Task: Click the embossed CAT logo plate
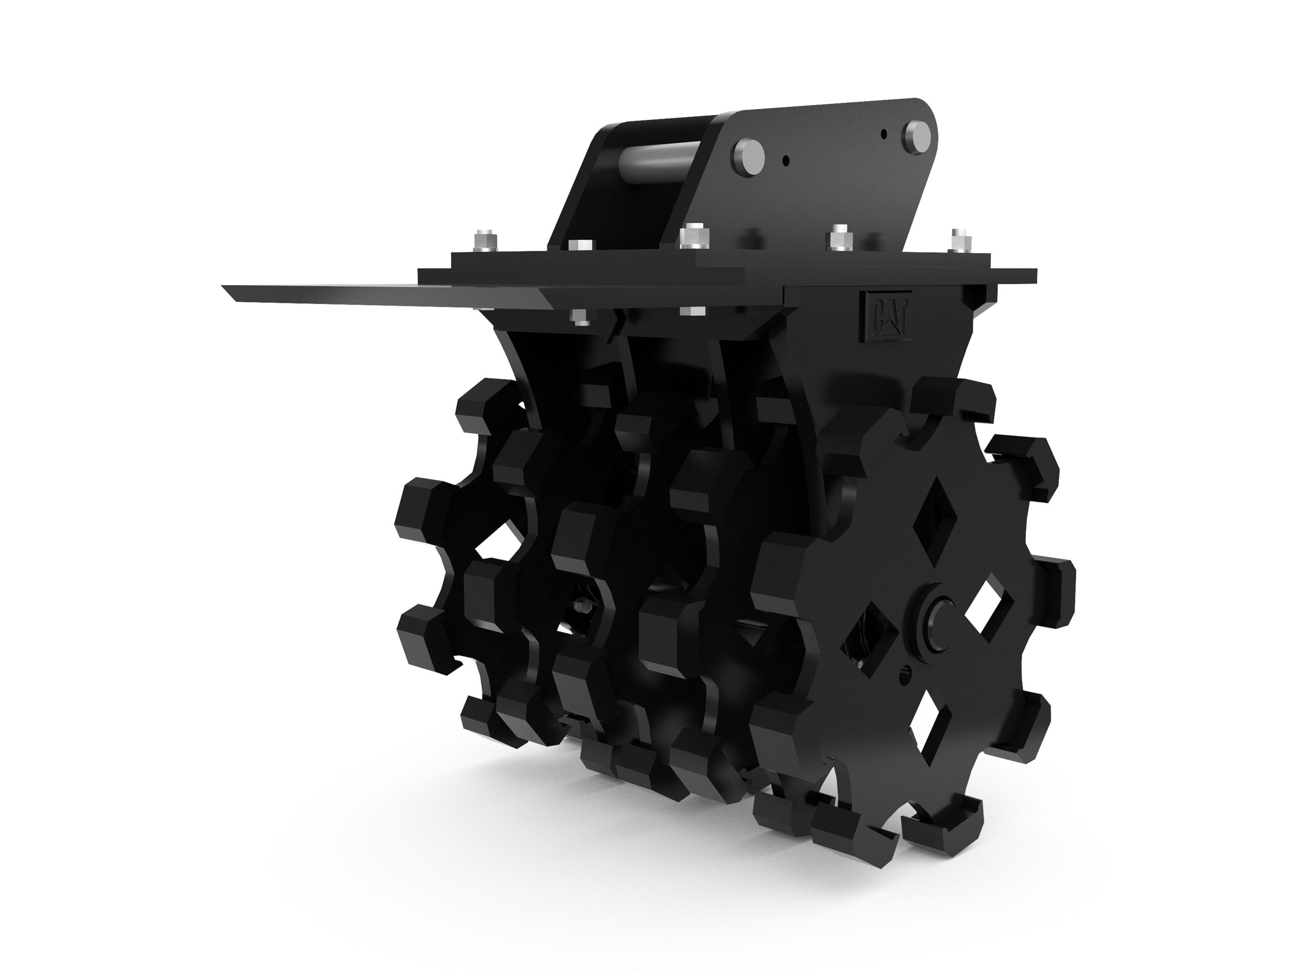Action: (x=885, y=316)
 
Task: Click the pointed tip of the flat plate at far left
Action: (x=226, y=287)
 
